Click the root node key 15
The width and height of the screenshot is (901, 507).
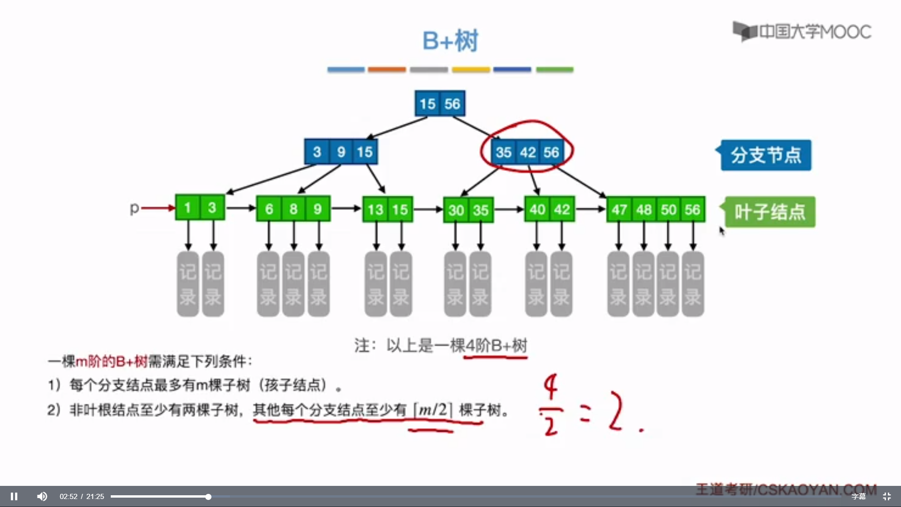pos(428,104)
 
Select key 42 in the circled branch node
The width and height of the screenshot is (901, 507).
pos(527,152)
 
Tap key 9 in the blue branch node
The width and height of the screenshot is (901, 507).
pos(341,152)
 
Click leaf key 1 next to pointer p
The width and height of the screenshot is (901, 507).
pos(187,208)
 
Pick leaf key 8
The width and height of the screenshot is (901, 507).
pos(293,209)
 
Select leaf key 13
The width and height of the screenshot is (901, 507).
pos(375,209)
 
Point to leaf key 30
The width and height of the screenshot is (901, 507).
pos(456,210)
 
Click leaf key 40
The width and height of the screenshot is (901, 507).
pos(537,209)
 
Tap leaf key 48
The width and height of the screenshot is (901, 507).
pos(644,209)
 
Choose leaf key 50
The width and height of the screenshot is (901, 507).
pos(668,209)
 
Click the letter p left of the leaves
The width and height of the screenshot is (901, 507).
pos(134,208)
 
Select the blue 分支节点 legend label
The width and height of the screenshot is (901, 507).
pos(766,155)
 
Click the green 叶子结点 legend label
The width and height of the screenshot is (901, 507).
pos(770,212)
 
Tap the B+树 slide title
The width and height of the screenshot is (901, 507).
pos(450,40)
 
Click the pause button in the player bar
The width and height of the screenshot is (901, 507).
pos(14,496)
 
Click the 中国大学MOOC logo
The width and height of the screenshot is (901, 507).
pos(802,31)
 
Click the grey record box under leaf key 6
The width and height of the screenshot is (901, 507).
pos(268,284)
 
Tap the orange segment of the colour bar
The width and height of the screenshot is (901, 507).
pos(387,69)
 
